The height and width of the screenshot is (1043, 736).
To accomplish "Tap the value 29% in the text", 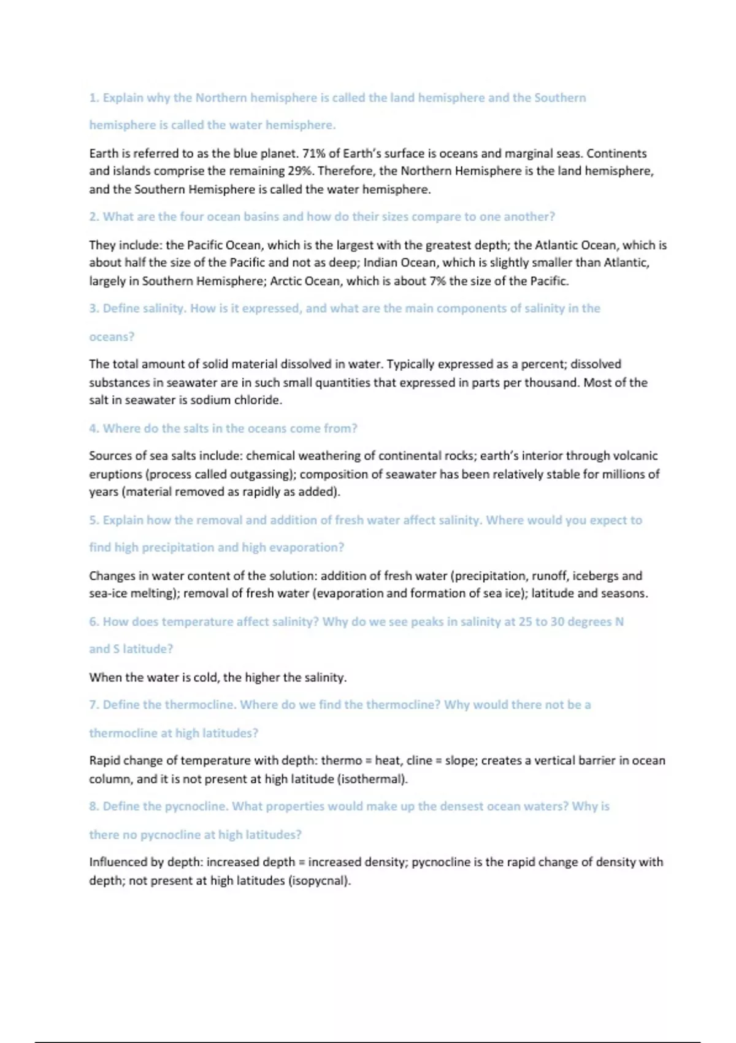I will tap(301, 171).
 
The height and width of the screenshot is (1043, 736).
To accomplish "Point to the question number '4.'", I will tap(94, 428).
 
